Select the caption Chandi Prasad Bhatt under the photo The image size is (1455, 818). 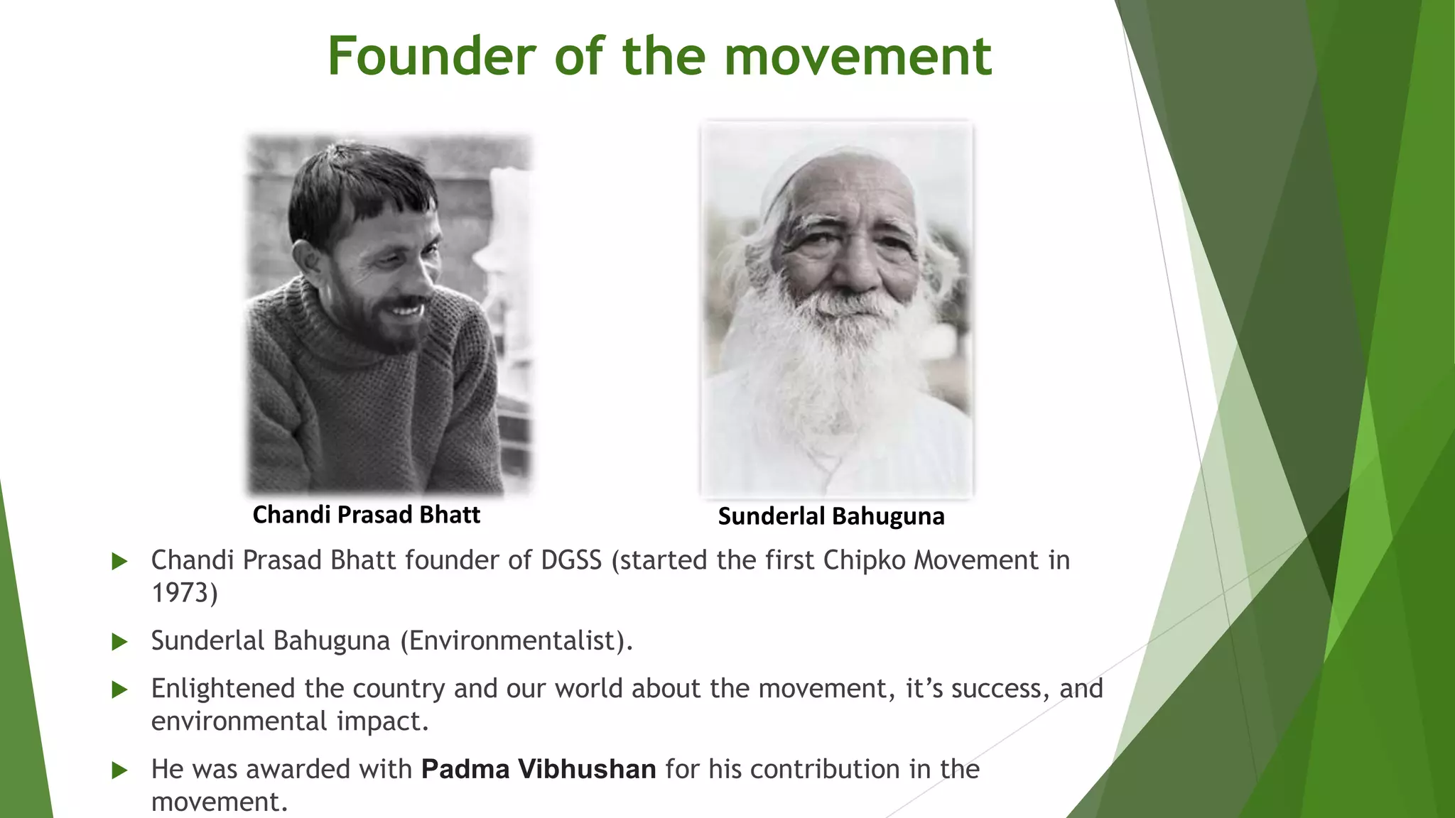point(366,515)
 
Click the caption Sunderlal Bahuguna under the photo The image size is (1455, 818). point(831,516)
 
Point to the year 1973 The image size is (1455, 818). point(184,593)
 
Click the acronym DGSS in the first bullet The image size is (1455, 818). point(571,560)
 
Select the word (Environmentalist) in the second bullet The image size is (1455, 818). point(516,640)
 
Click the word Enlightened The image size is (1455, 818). point(223,689)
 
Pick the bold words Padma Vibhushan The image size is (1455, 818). point(539,769)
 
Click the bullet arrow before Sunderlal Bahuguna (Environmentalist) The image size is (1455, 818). point(120,642)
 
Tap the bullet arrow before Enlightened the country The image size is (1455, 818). point(120,689)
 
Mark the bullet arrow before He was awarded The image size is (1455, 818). point(120,770)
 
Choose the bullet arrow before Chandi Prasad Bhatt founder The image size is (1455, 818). point(120,562)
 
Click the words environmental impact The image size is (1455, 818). point(290,721)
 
